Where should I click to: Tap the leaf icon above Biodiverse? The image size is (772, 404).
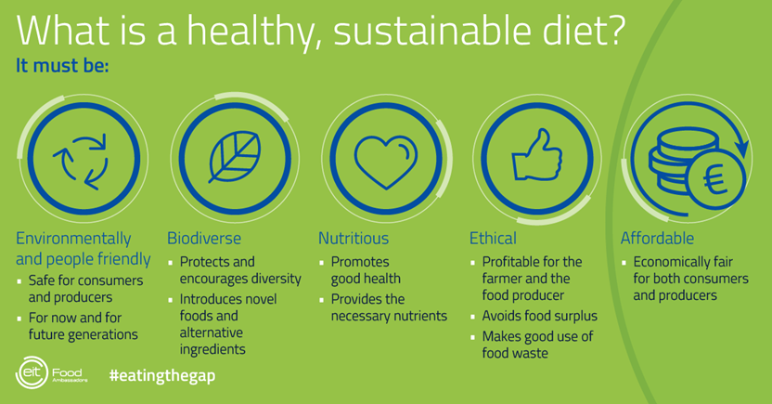(235, 157)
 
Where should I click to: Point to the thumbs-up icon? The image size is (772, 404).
(536, 155)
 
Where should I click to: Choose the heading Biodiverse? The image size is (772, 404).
(204, 239)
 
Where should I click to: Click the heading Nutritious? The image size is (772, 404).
(354, 239)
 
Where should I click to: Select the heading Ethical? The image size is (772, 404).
(493, 239)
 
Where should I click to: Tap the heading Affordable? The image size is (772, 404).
(657, 239)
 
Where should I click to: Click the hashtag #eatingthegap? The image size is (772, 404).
(162, 376)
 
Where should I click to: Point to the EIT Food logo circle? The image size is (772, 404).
(32, 372)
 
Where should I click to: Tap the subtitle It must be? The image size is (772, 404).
(62, 66)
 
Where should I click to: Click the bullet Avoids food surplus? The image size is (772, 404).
(540, 316)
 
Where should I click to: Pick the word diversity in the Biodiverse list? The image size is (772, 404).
(270, 279)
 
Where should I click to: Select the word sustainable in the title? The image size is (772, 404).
(431, 31)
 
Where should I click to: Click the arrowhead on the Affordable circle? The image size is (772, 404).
(742, 148)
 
